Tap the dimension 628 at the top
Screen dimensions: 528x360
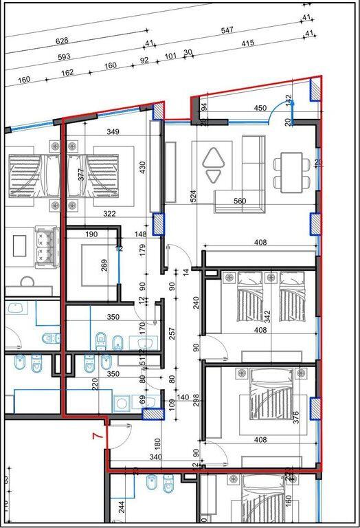coord(62,41)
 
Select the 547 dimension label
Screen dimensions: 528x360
coord(227,30)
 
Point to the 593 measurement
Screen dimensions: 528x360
coord(64,57)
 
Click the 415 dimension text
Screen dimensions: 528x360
coord(247,43)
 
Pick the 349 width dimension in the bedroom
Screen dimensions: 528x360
coord(113,131)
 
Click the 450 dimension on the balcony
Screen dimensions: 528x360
coord(260,109)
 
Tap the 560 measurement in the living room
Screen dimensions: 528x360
coord(239,201)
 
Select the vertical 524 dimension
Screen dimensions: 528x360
coord(194,196)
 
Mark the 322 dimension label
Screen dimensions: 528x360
coord(109,214)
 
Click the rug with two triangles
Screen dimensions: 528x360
coord(214,165)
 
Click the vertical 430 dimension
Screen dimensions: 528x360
coord(143,167)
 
